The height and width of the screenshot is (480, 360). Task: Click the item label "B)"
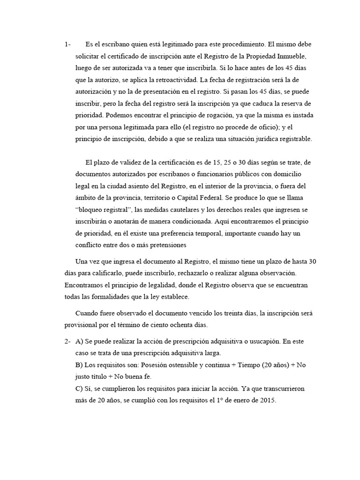(x=79, y=365)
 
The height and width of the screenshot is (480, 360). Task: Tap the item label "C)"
(x=79, y=389)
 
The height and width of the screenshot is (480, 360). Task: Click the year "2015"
(x=268, y=401)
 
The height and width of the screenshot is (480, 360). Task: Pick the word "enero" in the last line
(x=232, y=401)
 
